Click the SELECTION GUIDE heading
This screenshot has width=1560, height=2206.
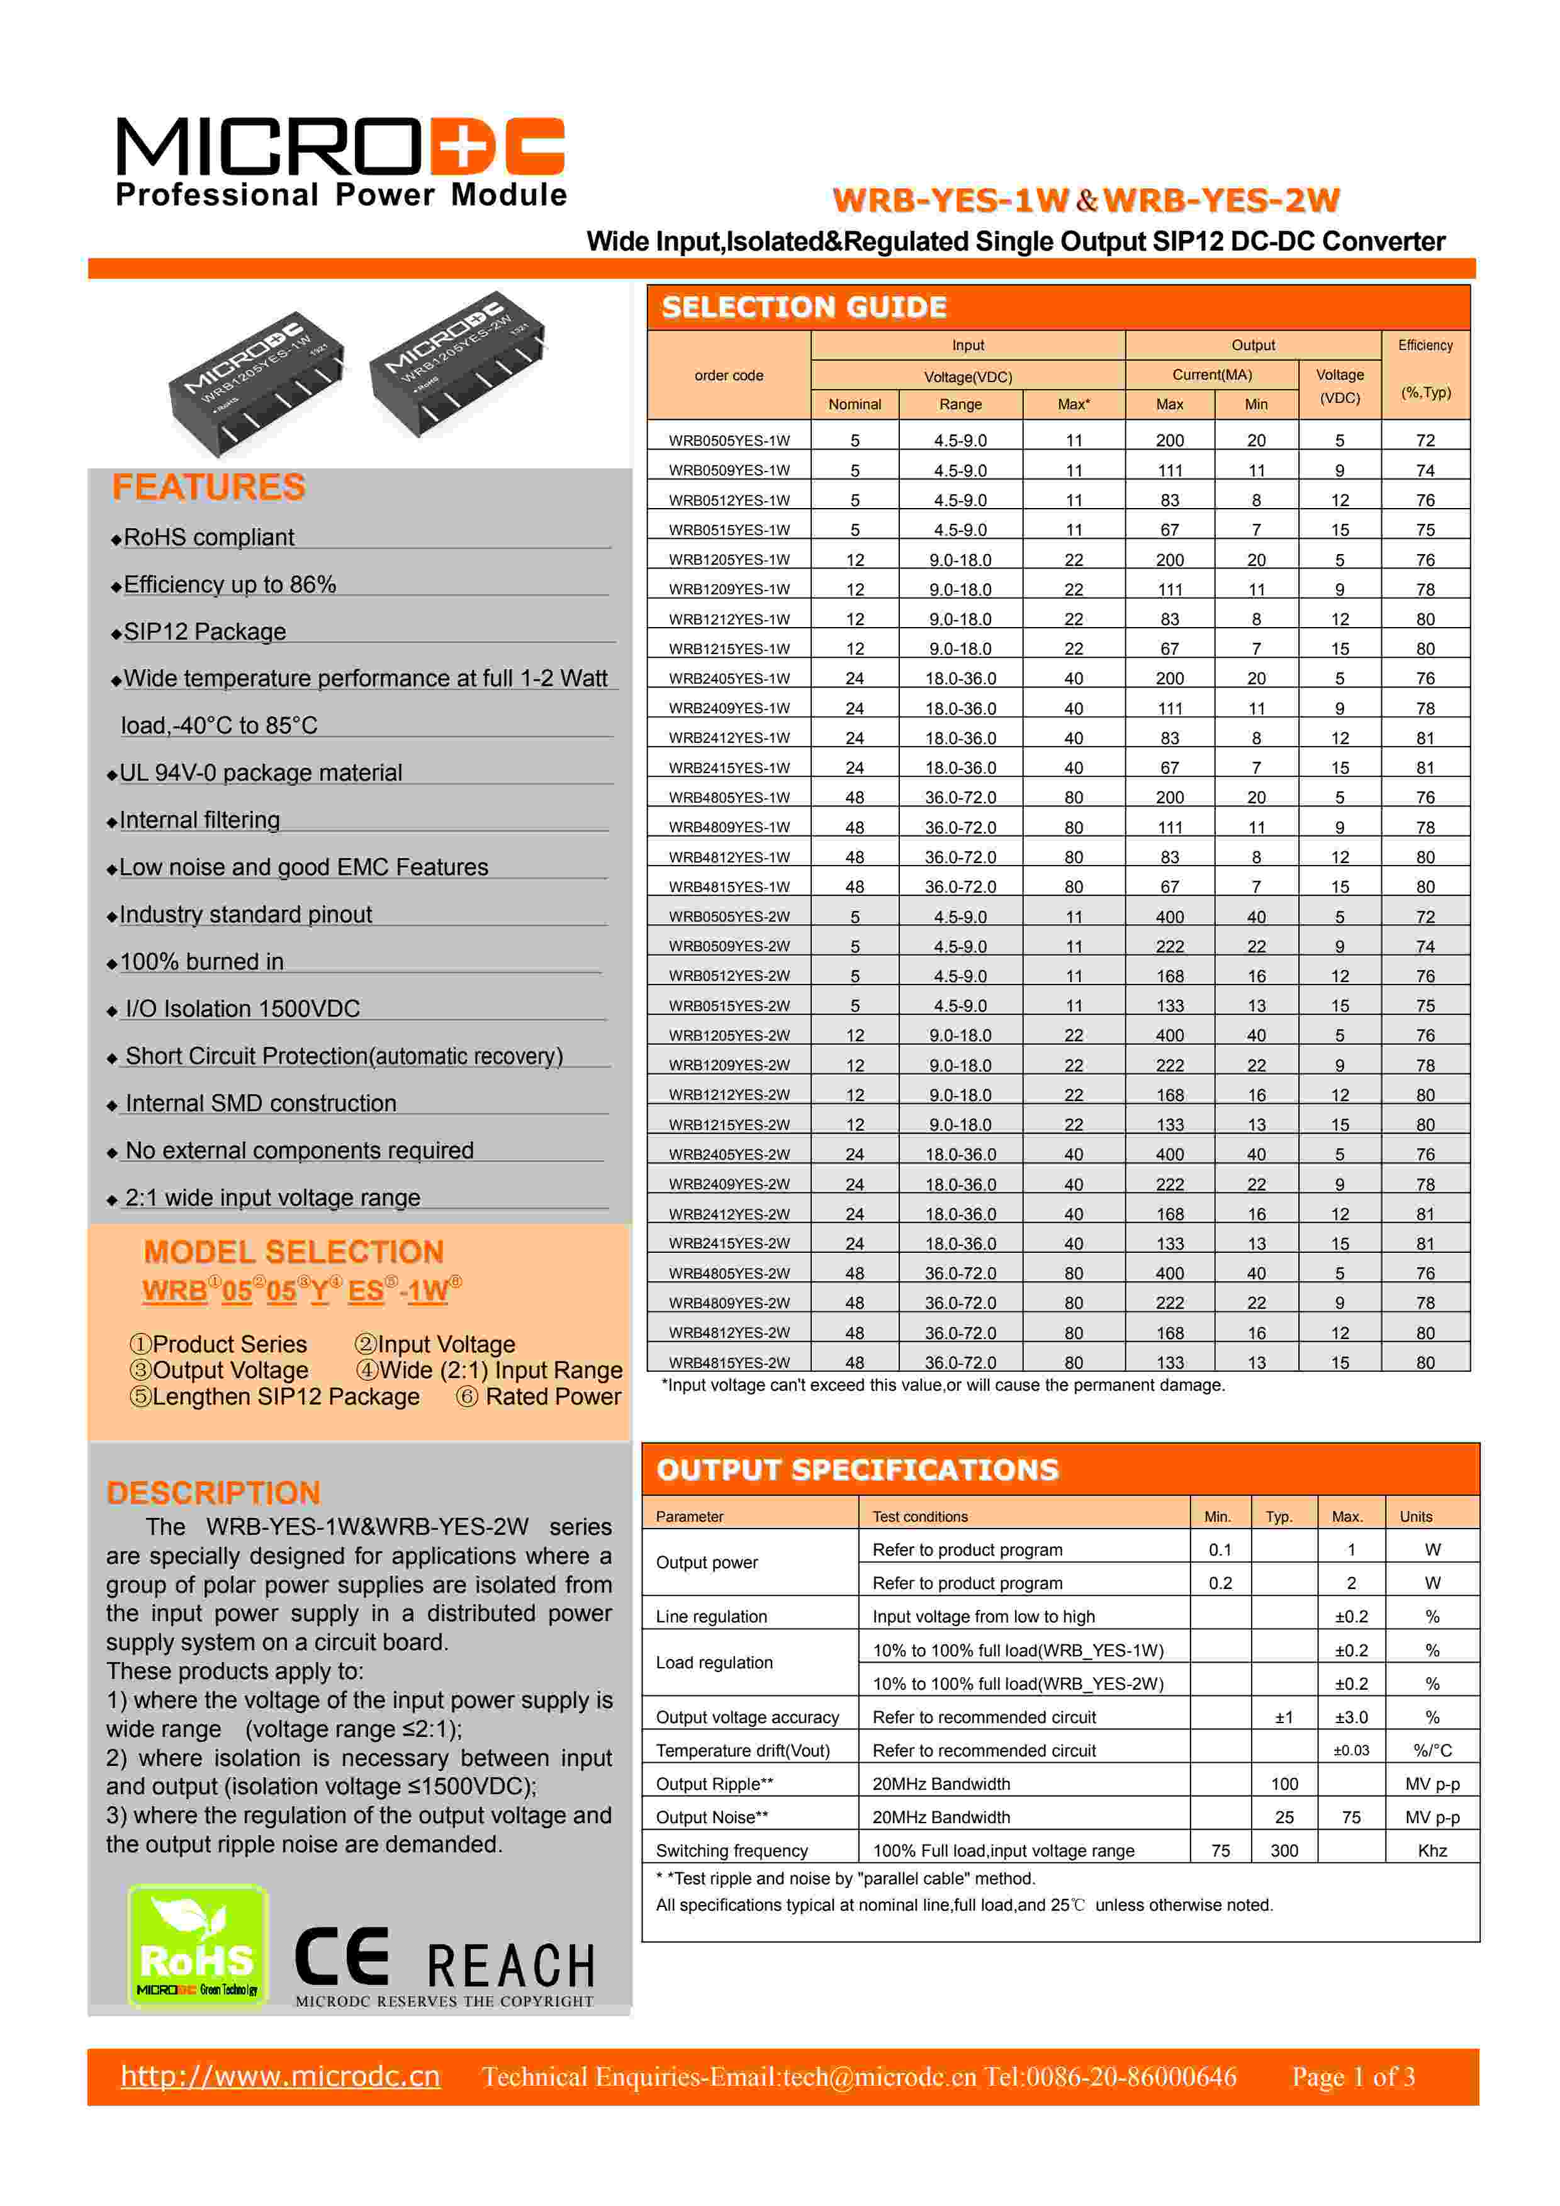pos(804,307)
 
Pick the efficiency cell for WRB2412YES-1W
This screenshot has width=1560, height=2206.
pos(1425,738)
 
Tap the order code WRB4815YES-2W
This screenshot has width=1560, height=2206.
pos(729,1362)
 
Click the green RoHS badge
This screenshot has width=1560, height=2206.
pos(198,1945)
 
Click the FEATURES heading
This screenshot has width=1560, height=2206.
pos(208,487)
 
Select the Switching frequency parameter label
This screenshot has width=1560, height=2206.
pos(731,1850)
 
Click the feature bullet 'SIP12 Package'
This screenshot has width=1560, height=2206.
pos(205,632)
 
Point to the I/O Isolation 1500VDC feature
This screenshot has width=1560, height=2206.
pos(242,1009)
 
